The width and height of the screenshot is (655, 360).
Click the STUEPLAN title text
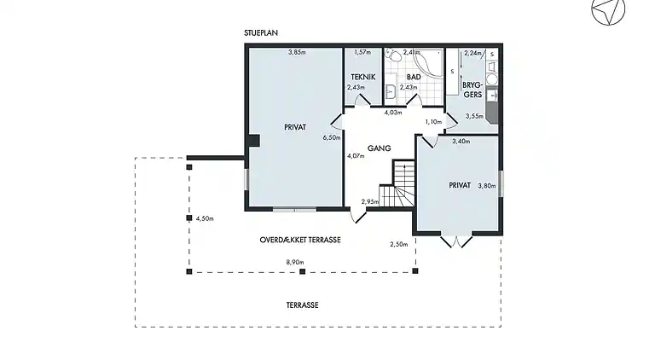pos(261,32)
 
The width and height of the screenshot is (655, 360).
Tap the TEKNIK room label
pos(363,77)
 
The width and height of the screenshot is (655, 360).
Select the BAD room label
pos(414,78)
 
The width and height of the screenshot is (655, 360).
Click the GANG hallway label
pos(380,148)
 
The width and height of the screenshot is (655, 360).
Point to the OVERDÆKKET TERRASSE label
pos(300,240)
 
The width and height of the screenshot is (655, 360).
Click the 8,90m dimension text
pos(295,262)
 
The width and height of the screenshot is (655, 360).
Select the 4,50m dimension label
pos(205,218)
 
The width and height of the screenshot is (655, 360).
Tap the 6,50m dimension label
pos(332,137)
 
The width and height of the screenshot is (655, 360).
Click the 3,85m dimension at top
pos(297,52)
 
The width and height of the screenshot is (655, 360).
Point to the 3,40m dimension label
pos(461,141)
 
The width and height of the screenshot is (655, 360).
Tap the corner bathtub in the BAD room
pos(427,63)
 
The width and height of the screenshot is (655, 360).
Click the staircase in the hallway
pos(397,183)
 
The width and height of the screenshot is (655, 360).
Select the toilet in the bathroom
pos(390,55)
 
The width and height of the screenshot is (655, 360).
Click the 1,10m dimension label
pos(433,121)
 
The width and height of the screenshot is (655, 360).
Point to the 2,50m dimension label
pos(399,244)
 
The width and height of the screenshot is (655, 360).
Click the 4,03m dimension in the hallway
pos(393,113)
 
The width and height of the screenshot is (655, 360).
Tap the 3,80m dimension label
pos(487,186)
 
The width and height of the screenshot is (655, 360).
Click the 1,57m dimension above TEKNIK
pos(362,52)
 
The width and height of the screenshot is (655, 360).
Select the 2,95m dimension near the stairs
pos(370,202)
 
